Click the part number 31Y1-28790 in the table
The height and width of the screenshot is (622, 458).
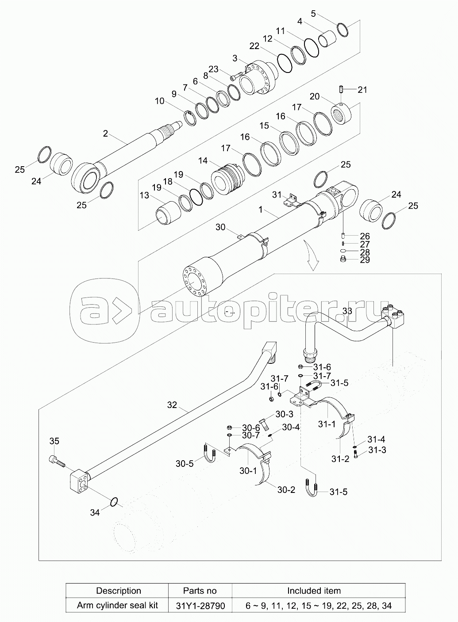(x=200, y=605)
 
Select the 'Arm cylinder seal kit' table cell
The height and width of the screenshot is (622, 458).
(x=118, y=605)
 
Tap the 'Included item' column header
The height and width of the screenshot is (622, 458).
(x=314, y=591)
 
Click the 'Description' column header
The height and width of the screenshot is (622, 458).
(x=118, y=591)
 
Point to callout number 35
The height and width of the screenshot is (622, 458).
(x=54, y=441)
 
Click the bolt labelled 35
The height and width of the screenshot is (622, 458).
(x=57, y=461)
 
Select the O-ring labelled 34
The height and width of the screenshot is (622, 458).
(x=114, y=502)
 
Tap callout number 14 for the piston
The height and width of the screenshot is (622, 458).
(x=203, y=161)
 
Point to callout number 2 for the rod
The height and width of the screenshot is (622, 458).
(x=105, y=133)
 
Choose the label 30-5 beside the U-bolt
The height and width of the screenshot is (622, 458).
(x=184, y=464)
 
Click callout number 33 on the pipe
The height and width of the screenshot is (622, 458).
(x=347, y=311)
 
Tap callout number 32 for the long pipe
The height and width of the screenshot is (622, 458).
(x=172, y=404)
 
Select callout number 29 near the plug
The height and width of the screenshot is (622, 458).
(x=365, y=260)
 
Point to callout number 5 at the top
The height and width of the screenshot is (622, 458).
(x=313, y=13)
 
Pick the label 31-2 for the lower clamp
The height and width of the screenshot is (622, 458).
(x=340, y=459)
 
